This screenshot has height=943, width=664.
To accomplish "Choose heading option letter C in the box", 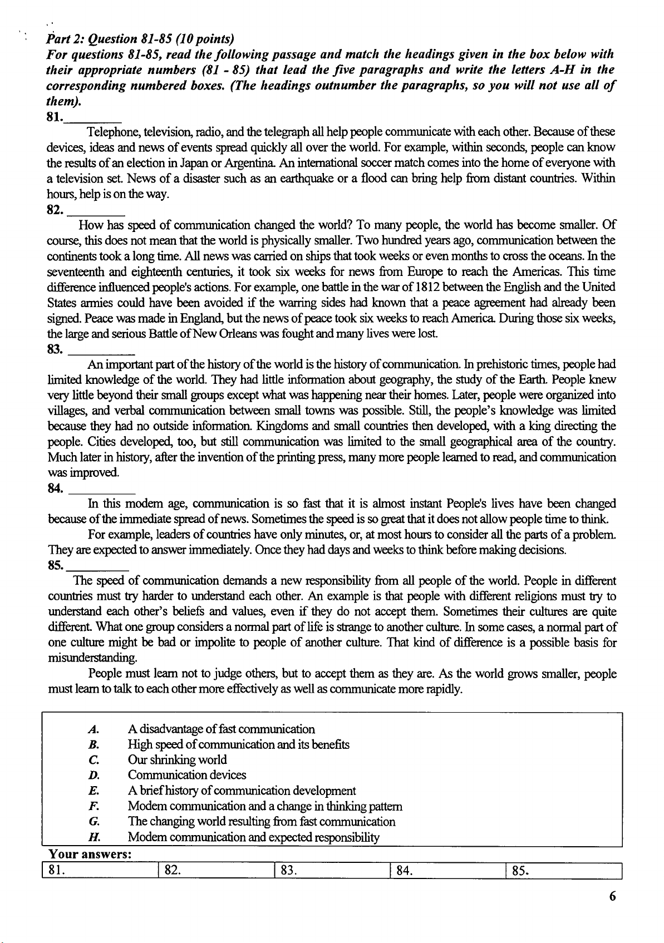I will coord(94,760).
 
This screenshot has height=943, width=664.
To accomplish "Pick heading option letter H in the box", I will coord(94,837).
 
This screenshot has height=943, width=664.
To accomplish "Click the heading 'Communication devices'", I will coord(187,775).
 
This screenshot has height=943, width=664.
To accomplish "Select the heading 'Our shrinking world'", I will coord(177,760).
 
